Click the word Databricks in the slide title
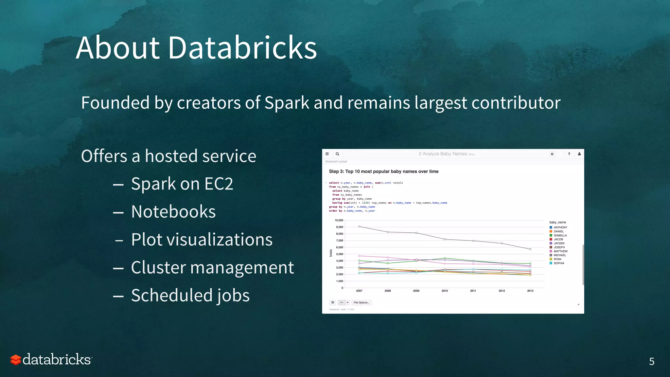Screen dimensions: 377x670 click(x=242, y=48)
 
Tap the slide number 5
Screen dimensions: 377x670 click(x=652, y=361)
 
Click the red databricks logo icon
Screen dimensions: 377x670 click(x=15, y=360)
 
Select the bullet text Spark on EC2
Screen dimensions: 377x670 click(x=182, y=184)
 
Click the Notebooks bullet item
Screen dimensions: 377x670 click(x=173, y=212)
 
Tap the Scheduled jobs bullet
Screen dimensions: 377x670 click(x=190, y=296)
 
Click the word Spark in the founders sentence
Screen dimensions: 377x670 click(x=287, y=103)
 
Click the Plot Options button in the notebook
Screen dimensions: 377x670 click(x=361, y=302)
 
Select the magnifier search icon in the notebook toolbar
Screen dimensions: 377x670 click(x=337, y=154)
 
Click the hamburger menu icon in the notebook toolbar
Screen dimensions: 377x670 click(x=327, y=154)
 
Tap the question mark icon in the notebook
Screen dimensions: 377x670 click(x=569, y=154)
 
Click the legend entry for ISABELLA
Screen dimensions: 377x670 click(x=560, y=235)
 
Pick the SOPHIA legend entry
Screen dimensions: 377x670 click(x=559, y=263)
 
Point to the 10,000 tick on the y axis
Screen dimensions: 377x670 click(x=339, y=220)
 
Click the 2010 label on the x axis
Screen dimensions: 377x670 click(x=445, y=291)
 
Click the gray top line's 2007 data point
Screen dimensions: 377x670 click(x=359, y=226)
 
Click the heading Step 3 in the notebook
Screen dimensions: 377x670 click(x=383, y=171)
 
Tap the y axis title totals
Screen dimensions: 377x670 click(x=331, y=253)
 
